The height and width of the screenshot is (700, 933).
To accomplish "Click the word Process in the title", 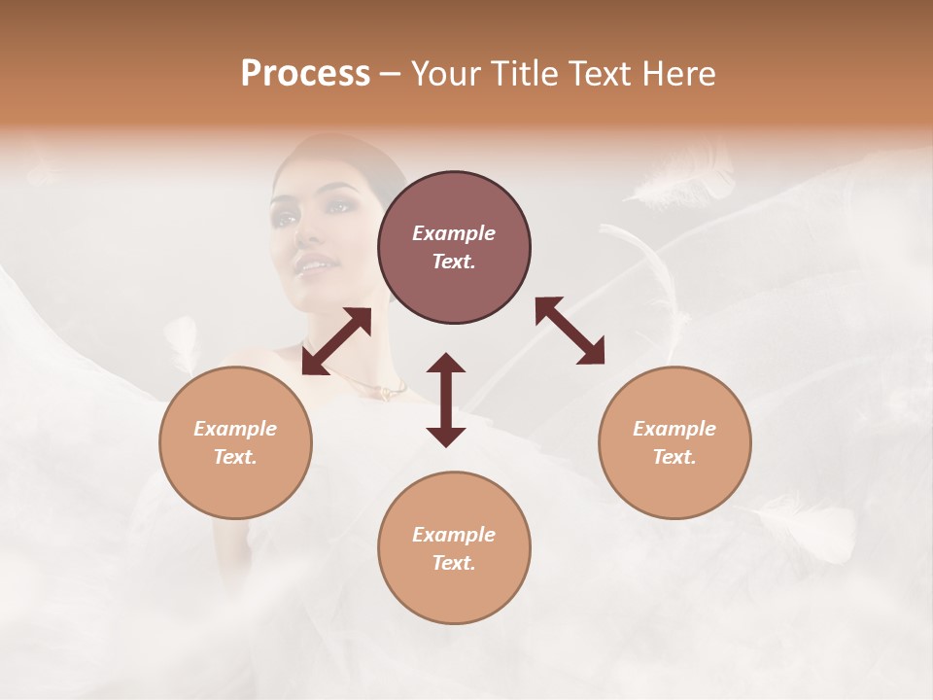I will [x=305, y=74].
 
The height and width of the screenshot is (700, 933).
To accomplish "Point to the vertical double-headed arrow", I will [x=446, y=400].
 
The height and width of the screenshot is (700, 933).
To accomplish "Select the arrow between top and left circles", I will [x=336, y=341].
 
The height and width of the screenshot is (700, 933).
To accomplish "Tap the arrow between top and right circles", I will [x=570, y=331].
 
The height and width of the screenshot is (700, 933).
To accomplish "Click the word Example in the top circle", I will [x=454, y=233].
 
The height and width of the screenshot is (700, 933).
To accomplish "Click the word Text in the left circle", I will [x=235, y=457].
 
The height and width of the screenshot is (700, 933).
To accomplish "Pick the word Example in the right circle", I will [x=674, y=429].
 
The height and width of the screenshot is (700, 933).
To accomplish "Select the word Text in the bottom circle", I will [x=454, y=563].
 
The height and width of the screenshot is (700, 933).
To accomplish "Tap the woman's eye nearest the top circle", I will [x=341, y=206].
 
